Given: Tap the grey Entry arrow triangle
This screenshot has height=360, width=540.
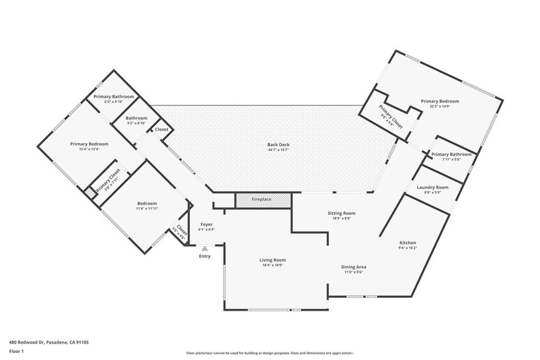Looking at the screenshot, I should [x=205, y=249].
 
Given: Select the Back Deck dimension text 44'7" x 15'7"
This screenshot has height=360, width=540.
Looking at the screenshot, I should [x=278, y=150].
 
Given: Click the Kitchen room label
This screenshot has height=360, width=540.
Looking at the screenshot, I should [x=407, y=243].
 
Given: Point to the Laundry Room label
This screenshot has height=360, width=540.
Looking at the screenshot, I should [x=432, y=187].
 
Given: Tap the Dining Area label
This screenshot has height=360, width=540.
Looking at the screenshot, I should [x=353, y=267].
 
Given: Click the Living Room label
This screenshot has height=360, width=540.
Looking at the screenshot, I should [x=272, y=260].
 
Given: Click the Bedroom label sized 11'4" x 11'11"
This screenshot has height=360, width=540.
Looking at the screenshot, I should [x=147, y=203].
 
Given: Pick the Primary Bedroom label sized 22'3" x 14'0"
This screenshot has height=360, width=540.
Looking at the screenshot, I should [x=439, y=101].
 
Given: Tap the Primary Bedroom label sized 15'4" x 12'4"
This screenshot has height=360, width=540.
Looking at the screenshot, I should [x=89, y=144].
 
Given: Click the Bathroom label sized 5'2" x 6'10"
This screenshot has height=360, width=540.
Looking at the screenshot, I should [x=136, y=118].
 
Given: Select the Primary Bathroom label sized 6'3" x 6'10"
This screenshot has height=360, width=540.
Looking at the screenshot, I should [x=113, y=97].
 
